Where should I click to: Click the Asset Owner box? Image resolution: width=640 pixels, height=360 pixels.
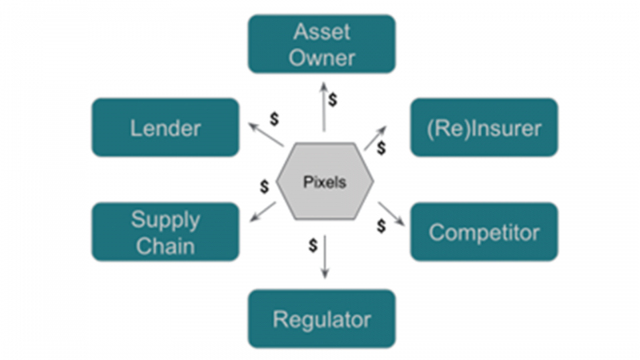[x=322, y=44]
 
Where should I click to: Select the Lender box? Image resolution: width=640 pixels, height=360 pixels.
[x=166, y=127]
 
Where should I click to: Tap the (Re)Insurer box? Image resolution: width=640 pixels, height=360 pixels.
[x=483, y=127]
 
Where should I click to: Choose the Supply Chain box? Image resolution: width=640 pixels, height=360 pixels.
[x=166, y=232]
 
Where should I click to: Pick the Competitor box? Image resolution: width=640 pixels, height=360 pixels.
[x=483, y=232]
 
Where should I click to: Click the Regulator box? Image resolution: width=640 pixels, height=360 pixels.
[x=322, y=319]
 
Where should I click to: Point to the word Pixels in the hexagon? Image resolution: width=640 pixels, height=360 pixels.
[x=325, y=182]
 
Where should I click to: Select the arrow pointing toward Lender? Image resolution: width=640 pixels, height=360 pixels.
[x=266, y=135]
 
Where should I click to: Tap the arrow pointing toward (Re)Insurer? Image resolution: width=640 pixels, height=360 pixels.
[x=376, y=137]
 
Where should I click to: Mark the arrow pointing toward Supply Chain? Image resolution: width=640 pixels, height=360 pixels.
[x=262, y=211]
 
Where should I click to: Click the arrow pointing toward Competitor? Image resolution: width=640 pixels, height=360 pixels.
[x=391, y=214]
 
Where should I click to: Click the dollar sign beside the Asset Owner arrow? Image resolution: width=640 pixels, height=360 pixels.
[x=334, y=100]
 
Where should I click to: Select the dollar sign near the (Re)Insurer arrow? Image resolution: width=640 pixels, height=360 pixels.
[x=382, y=148]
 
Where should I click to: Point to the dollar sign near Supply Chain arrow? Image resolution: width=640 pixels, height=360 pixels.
[x=264, y=187]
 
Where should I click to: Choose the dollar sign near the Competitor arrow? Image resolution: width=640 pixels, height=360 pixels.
[x=381, y=226]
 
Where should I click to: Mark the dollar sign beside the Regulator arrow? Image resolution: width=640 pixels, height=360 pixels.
[x=312, y=244]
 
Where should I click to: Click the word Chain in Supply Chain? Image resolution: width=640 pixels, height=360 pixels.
[x=166, y=245]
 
